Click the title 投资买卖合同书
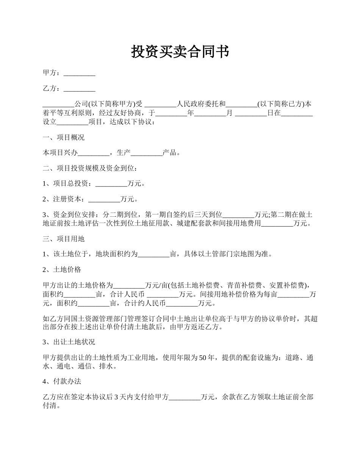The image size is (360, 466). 180,52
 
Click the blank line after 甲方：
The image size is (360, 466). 79,73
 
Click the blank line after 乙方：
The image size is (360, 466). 79,89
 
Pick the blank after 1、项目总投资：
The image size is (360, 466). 111,184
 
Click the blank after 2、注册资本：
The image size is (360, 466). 104,199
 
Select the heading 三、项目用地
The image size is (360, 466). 64,239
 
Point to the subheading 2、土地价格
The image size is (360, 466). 62,270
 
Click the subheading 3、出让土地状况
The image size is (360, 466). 69,342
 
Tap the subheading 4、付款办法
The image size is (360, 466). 62,382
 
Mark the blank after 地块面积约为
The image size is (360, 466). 153,254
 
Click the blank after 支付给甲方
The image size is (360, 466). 185,397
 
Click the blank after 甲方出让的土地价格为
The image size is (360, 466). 129,285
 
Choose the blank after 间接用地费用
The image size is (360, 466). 277,223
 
